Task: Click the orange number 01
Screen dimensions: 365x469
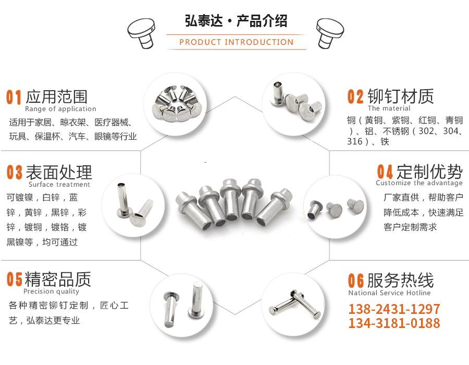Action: [14, 98]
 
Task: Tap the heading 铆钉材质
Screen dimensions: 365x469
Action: [401, 96]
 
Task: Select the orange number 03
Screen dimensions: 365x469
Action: [15, 173]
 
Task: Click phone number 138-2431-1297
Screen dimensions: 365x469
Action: [394, 309]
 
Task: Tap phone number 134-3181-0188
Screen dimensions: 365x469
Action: [394, 323]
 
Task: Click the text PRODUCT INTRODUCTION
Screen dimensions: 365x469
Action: [236, 42]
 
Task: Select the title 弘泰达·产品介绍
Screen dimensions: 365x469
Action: [236, 21]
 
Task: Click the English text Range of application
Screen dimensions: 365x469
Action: [60, 109]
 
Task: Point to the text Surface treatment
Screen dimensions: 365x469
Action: [59, 185]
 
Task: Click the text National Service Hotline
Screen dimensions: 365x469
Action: [389, 293]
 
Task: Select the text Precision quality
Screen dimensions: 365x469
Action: [51, 291]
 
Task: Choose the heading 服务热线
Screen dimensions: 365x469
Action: [400, 280]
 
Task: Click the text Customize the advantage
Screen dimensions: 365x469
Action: [419, 183]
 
